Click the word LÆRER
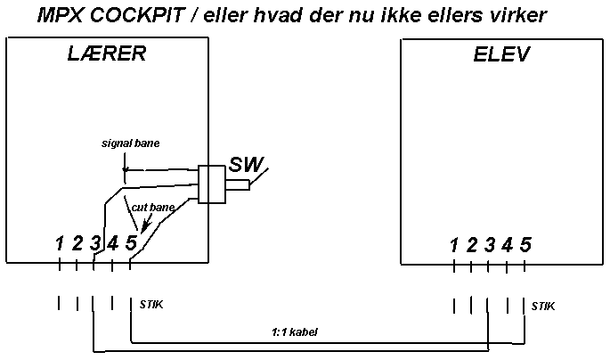(106, 54)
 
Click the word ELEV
(500, 54)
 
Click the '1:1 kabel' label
(294, 331)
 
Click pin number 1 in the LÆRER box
(59, 242)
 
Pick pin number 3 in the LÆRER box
(94, 242)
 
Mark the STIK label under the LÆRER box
(151, 305)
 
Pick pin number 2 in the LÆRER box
(77, 242)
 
